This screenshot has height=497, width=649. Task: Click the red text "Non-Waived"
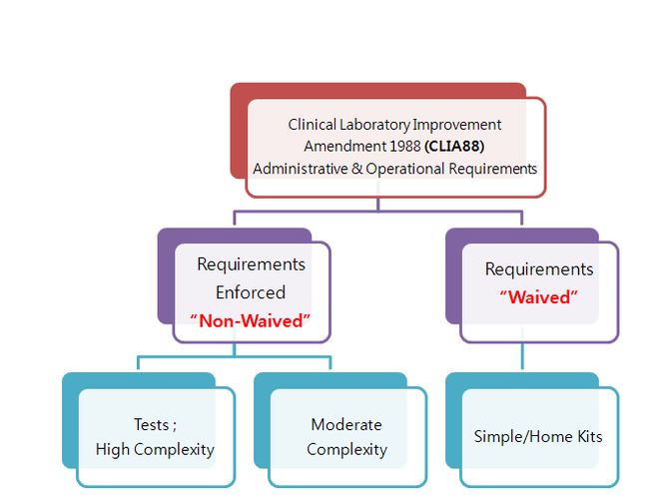pos(251,320)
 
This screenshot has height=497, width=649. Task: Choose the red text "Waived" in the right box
pos(539,297)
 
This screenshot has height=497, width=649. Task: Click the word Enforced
pos(251,292)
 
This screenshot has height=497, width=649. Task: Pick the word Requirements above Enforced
pos(251,264)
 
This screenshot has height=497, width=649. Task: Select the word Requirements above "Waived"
pos(539,269)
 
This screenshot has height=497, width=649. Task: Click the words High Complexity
pos(155,449)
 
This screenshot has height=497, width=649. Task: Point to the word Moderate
pos(346,425)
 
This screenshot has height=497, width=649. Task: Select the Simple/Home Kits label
pos(539,437)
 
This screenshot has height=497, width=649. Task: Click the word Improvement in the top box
pos(460,125)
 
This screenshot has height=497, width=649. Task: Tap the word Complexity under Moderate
pos(346,449)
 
